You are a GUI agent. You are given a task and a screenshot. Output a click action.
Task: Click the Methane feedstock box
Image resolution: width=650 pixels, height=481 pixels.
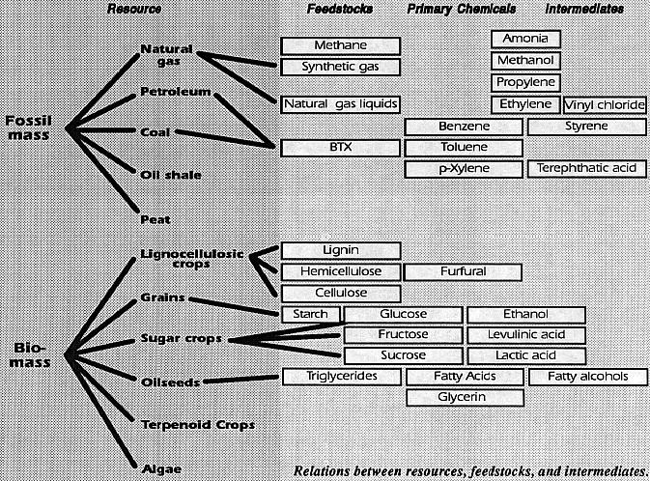coord(340,45)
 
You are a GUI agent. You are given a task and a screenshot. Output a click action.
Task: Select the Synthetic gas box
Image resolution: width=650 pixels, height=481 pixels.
coord(340,68)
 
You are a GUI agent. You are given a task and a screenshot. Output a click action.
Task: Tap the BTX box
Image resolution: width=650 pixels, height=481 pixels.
coord(340,148)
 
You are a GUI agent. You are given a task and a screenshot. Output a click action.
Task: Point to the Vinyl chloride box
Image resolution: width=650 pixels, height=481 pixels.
coord(605,105)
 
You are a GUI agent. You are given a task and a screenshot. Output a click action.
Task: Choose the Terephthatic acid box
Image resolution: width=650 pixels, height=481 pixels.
coord(586,169)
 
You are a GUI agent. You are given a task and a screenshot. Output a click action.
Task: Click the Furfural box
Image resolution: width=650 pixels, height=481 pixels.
coord(463,272)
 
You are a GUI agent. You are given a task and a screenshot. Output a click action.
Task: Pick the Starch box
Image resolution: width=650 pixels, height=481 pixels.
coord(310,315)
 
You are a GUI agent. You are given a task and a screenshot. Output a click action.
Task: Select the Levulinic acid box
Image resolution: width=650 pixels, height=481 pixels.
coord(526,335)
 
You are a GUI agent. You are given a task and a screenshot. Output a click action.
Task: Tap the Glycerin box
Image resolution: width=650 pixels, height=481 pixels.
coord(466,398)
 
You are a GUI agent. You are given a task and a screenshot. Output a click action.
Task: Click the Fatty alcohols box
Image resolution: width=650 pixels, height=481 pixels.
coord(588,377)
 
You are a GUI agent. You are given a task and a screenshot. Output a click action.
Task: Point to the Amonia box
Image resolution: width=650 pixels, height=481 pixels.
coord(525,39)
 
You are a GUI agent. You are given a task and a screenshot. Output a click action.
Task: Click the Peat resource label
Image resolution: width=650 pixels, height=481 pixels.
coord(155,219)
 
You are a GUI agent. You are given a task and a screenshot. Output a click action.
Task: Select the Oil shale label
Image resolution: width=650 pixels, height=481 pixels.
coord(171,175)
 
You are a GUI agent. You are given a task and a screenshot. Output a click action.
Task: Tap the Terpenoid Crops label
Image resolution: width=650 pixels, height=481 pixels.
coord(198,425)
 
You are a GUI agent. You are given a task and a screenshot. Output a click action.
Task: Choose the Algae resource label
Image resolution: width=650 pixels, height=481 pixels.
coord(161,469)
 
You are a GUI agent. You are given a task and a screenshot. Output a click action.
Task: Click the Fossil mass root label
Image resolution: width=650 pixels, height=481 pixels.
coord(28,127)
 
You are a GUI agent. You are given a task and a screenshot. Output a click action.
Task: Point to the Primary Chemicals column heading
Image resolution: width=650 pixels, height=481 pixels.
coord(462,9)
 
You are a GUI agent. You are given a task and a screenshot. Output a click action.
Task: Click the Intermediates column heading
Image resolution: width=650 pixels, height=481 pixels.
coord(584,9)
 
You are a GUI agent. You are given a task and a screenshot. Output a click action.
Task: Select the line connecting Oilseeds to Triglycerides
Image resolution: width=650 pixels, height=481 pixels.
coord(241,380)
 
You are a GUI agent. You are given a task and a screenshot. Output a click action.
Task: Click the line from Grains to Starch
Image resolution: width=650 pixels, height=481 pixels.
coord(234,306)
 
